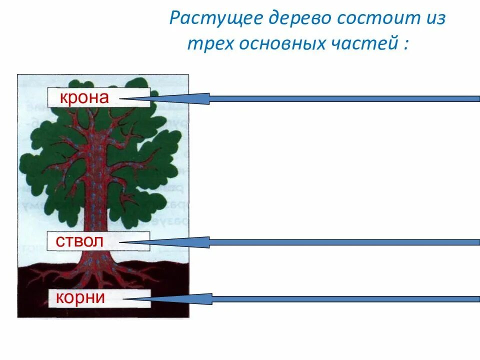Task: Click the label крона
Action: coord(84,97)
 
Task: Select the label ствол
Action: coord(80,241)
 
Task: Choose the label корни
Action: coord(81,298)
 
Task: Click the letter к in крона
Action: coord(63,98)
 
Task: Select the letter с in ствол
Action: coord(59,242)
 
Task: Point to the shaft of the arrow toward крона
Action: coord(345,98)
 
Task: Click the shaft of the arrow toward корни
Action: coord(345,299)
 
